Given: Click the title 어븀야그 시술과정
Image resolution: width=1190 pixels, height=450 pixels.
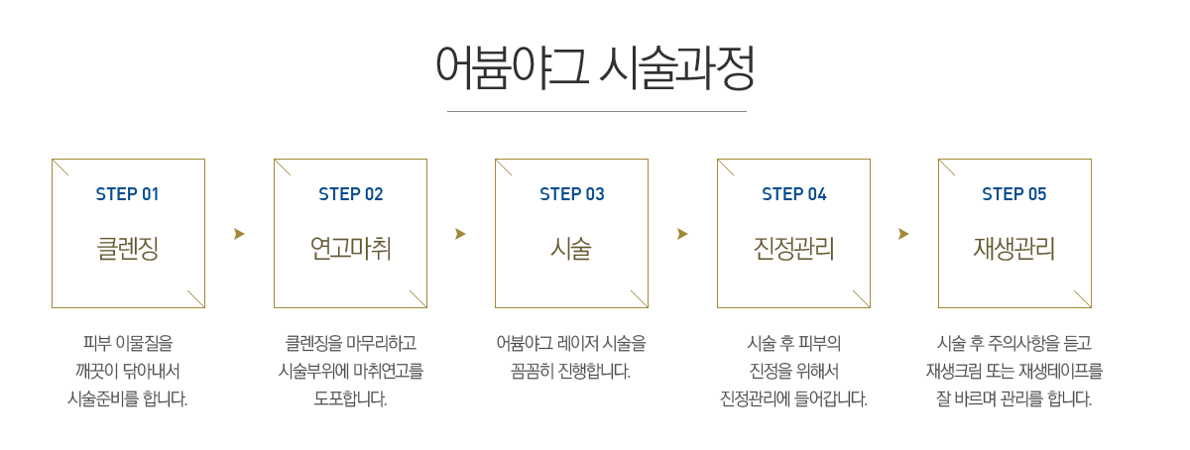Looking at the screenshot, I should [x=595, y=67].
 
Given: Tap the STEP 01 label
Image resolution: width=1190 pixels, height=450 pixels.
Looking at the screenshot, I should [x=127, y=194].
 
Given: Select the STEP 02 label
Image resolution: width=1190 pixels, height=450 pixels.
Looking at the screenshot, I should [x=350, y=194].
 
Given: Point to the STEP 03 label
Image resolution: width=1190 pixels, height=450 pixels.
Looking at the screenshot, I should [x=571, y=194].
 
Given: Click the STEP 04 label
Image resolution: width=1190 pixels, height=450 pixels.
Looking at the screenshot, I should [x=793, y=194].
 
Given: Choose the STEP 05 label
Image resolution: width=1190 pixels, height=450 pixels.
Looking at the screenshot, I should [x=1013, y=194].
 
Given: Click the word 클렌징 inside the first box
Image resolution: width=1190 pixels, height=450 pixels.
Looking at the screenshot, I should [x=127, y=248].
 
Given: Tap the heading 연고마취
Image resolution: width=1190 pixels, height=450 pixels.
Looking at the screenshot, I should [x=350, y=248].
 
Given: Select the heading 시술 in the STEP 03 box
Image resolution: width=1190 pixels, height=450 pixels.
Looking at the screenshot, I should [x=571, y=248].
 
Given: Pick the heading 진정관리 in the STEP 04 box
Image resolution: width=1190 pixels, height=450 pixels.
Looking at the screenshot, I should [x=793, y=248].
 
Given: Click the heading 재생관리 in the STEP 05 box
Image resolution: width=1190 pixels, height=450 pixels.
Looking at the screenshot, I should [x=1013, y=248].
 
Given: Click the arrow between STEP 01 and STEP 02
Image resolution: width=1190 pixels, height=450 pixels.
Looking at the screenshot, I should [x=239, y=234].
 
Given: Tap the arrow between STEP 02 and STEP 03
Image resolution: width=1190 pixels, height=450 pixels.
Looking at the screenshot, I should [x=460, y=234].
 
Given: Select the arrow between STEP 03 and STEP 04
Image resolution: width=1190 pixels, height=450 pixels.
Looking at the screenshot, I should [x=682, y=234].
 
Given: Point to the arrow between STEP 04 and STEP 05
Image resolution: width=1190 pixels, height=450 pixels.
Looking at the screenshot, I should [x=903, y=234].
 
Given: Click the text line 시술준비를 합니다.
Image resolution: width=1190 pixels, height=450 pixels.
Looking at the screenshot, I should [x=127, y=399].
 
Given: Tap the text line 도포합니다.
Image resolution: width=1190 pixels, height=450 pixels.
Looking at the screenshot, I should [x=350, y=399].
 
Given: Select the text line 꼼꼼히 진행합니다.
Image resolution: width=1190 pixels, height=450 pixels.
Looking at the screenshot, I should [x=571, y=372].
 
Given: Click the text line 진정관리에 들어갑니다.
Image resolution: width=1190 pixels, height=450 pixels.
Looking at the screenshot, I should [x=793, y=399].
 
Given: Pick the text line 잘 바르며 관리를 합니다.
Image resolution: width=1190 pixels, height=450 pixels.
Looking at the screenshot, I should [x=1013, y=399].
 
